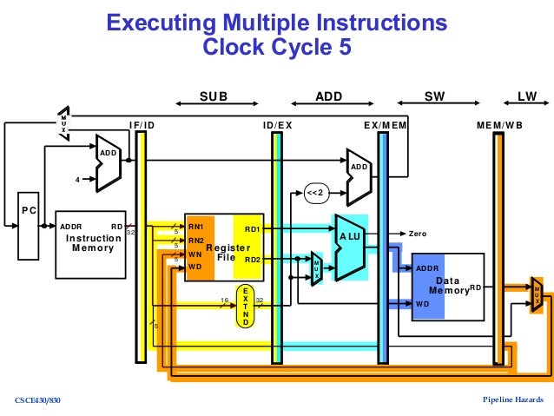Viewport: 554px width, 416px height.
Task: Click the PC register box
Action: pyautogui.click(x=30, y=229)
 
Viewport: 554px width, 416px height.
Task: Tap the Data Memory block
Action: pyautogui.click(x=447, y=286)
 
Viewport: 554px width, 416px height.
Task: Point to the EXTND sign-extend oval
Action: pyautogui.click(x=246, y=306)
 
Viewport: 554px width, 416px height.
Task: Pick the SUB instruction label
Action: pyautogui.click(x=213, y=97)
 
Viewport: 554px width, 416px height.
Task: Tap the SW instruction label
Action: pyautogui.click(x=433, y=97)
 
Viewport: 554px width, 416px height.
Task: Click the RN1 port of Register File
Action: pyautogui.click(x=195, y=227)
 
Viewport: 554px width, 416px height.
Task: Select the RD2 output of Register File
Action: pyautogui.click(x=252, y=259)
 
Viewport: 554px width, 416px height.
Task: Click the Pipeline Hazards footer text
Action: pyautogui.click(x=513, y=399)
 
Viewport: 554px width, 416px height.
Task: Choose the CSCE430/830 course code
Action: pyautogui.click(x=39, y=399)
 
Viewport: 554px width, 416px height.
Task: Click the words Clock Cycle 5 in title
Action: pyautogui.click(x=277, y=47)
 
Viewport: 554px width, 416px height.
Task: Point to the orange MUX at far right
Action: pyautogui.click(x=537, y=294)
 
